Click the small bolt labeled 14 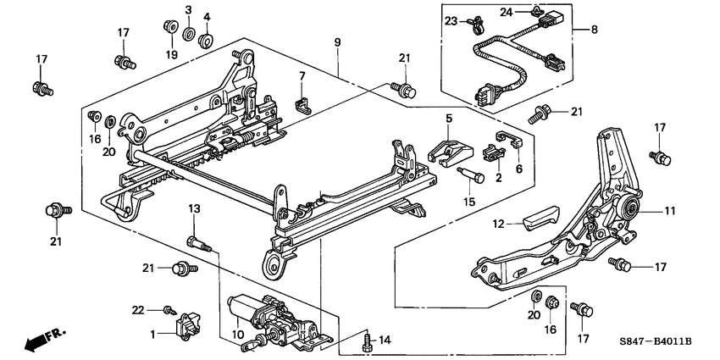367,341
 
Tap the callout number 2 498,179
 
